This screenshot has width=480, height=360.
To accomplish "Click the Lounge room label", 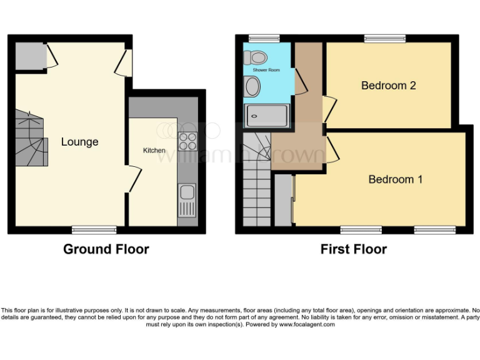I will pos(79,142).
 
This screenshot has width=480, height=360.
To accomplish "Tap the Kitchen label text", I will pos(154,151).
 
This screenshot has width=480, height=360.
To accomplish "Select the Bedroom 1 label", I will pos(395,179).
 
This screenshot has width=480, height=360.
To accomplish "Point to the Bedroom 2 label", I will pos(388,86).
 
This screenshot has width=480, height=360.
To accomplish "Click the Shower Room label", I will pos(266,71).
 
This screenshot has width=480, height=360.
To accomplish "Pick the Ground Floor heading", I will pos(106,249).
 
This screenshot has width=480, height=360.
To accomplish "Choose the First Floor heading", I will pos(353,249).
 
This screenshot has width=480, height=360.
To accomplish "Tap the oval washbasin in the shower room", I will pos(252,87).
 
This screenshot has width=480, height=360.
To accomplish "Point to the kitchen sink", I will pos(186,199).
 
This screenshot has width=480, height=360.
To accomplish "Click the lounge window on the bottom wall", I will pos(94,229).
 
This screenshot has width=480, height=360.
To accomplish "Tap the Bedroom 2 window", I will pos(381,38).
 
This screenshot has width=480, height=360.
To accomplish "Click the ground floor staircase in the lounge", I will pos(31,138).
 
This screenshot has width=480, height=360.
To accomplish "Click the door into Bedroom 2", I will pos(328,106).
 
